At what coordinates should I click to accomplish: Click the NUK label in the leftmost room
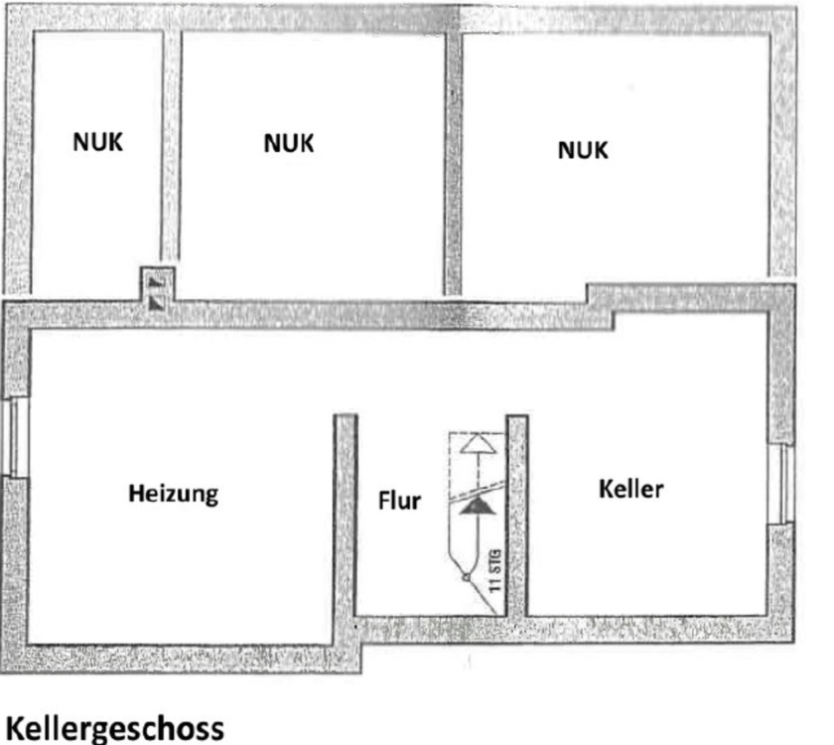coord(98,142)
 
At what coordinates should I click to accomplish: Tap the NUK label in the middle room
coord(288,143)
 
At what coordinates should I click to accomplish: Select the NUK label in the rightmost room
coord(583,150)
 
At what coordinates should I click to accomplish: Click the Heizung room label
coord(173,493)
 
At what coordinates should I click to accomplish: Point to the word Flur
coord(398,500)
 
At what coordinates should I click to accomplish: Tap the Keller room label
coord(631,489)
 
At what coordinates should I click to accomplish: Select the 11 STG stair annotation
coord(494,569)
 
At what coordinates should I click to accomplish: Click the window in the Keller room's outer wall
coord(781,484)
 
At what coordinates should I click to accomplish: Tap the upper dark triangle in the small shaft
coord(155,282)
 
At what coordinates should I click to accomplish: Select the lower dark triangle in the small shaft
coord(155,300)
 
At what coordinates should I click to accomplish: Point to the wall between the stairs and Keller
coord(516,517)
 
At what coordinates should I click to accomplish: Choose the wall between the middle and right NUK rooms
coord(453,159)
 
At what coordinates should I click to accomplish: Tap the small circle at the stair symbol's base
coord(464,575)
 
